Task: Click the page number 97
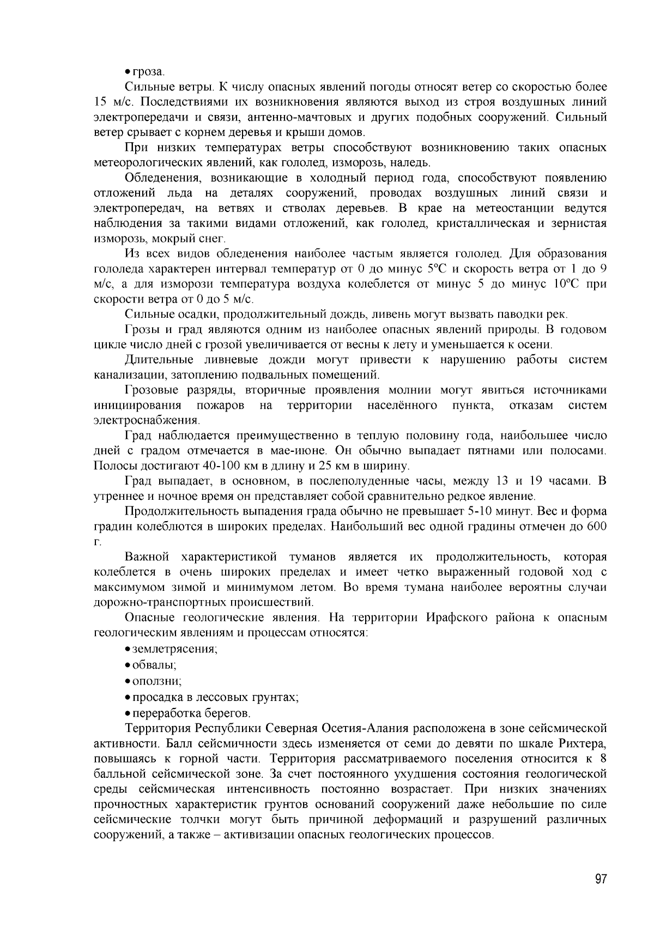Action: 601,879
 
